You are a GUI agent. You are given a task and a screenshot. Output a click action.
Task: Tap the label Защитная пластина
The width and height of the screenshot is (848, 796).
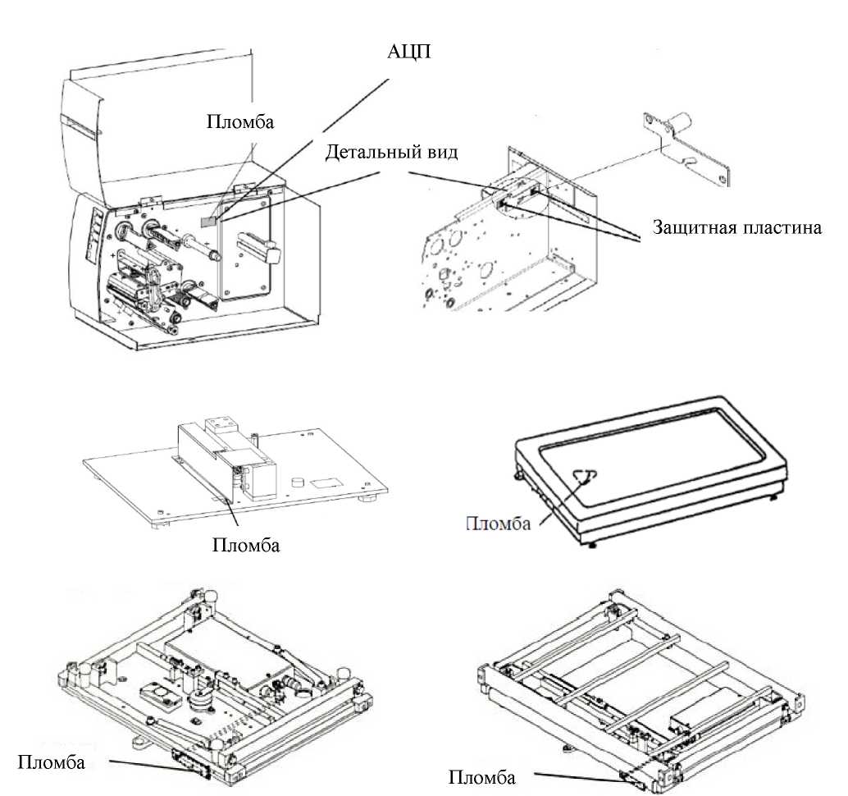(736, 227)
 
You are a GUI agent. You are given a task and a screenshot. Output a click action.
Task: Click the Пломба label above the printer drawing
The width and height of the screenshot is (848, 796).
(240, 121)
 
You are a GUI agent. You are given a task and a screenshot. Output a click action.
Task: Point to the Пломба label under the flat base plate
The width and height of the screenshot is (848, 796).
(246, 544)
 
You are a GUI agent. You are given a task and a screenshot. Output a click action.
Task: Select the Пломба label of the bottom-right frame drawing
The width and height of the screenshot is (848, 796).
(483, 776)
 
